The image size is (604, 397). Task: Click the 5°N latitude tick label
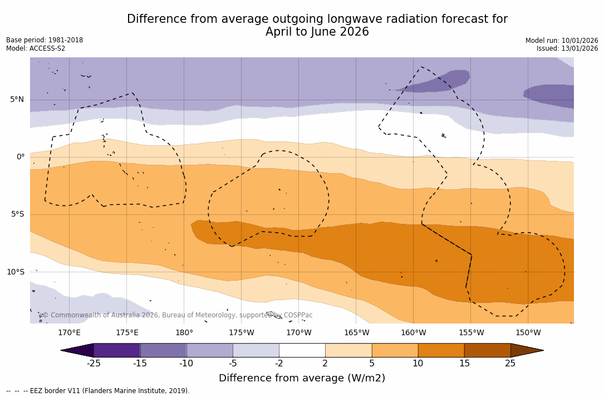17,100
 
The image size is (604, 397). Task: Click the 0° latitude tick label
21,157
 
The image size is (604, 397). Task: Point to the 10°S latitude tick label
15,272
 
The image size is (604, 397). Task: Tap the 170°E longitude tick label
69,333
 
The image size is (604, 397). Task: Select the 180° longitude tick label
184,333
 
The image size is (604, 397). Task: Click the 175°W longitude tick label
242,333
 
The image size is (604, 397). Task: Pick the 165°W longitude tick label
356,333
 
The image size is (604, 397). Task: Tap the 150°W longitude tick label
528,333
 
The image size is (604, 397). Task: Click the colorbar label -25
94,364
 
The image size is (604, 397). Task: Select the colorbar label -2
279,364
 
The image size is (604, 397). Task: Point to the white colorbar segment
302,350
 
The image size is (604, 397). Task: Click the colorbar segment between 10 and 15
441,350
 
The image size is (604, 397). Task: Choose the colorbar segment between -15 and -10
163,350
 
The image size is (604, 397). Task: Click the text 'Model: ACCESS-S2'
36,48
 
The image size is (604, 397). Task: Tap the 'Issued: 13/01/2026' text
567,48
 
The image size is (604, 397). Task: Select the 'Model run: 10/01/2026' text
562,41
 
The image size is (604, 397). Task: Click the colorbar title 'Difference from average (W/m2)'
302,378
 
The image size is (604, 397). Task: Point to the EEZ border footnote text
98,391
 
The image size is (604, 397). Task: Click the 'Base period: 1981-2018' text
45,40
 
